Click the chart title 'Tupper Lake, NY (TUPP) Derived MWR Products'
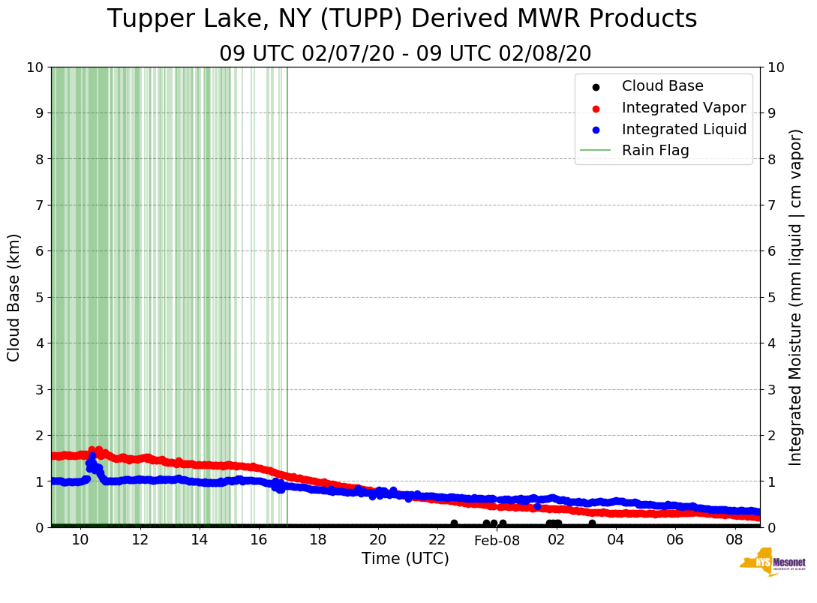[x=402, y=19]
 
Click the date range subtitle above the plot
[x=405, y=54]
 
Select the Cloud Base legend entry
[x=662, y=86]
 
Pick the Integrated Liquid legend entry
[x=683, y=129]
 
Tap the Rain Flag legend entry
[x=655, y=150]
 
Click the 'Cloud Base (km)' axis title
[x=14, y=297]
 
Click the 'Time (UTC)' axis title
[x=405, y=559]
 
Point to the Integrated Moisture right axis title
[x=796, y=297]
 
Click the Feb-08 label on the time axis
[x=497, y=541]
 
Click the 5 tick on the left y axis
[x=38, y=297]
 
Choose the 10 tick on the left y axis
[x=35, y=67]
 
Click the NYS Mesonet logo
[x=772, y=564]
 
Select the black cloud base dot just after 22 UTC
[x=454, y=523]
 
